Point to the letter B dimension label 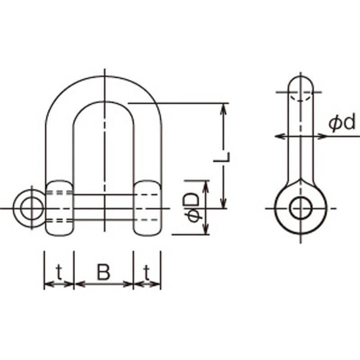(x=103, y=272)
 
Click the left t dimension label (x=59, y=272)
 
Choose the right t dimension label (x=147, y=272)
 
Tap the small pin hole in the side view (x=301, y=208)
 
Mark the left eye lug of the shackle (x=59, y=208)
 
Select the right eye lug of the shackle (x=148, y=208)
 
